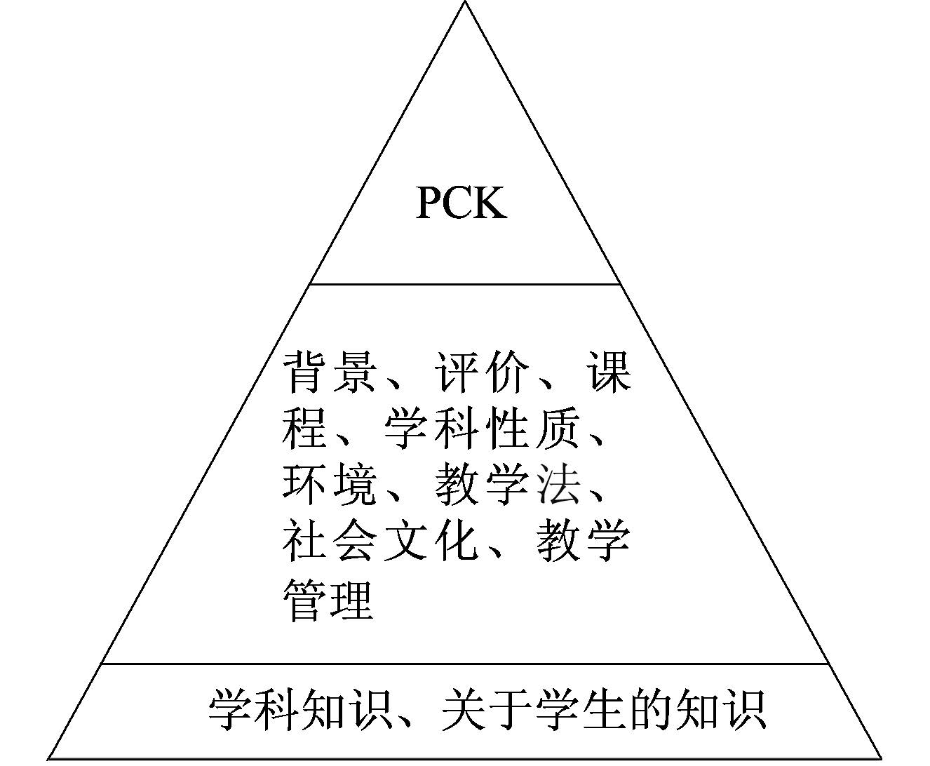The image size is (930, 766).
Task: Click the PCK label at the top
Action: click(461, 203)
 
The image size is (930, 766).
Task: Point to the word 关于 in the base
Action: click(485, 710)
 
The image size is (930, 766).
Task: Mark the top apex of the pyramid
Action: click(465, 3)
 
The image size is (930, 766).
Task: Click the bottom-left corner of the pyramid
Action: click(48, 759)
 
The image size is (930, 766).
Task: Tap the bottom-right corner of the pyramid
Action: click(882, 759)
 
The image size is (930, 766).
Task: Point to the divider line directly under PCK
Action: click(465, 284)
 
